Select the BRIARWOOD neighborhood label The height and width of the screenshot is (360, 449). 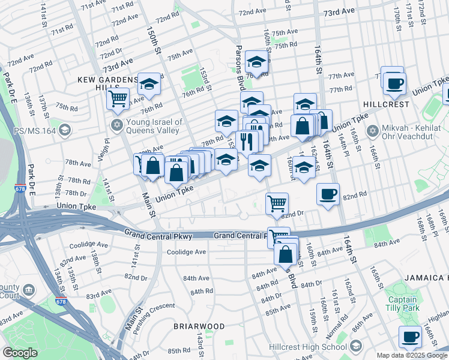coord(199,326)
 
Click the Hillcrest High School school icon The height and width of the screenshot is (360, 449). coord(357,346)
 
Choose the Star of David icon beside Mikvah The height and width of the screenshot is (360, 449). coord(372,130)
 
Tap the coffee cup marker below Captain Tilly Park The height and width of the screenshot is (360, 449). coord(411,336)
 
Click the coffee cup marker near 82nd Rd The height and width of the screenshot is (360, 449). coord(328,194)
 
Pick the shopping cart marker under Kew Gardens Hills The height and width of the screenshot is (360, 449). coord(118,97)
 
